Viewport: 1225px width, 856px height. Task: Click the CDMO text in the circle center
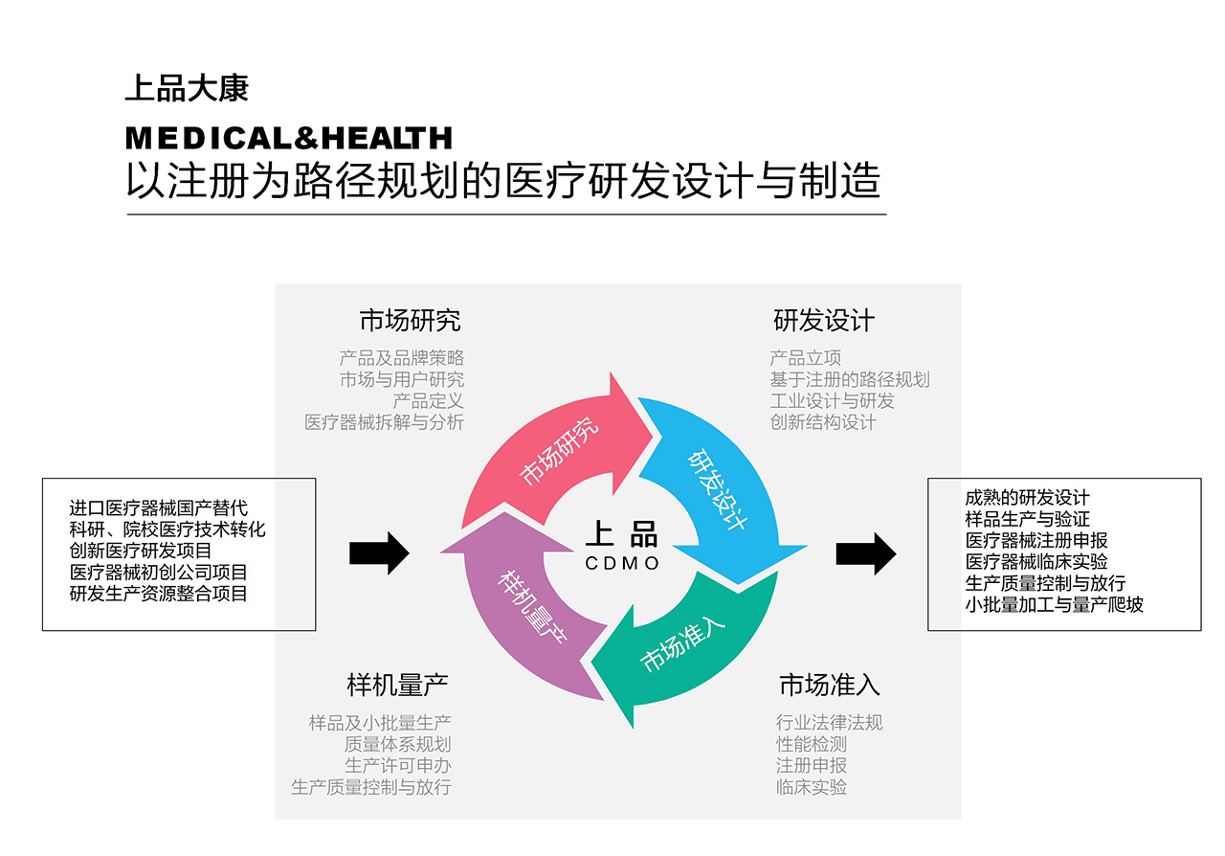coord(622,564)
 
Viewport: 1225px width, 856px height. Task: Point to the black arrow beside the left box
coord(379,553)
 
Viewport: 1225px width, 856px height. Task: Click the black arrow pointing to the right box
coord(865,553)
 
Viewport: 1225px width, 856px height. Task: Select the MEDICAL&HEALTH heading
coord(288,139)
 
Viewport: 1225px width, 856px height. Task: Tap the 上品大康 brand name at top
coord(187,89)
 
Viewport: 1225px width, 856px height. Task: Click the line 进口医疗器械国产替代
coord(158,508)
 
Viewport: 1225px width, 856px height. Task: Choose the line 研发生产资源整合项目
coord(158,594)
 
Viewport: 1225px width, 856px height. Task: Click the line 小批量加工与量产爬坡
coord(1054,604)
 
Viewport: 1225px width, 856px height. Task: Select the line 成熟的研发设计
coord(1027,498)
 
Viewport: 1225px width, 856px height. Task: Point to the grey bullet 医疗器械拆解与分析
coord(384,422)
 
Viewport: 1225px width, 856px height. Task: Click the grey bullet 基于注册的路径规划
coord(849,380)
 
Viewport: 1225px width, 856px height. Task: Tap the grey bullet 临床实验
coord(812,788)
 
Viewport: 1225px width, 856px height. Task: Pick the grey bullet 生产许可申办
coord(397,766)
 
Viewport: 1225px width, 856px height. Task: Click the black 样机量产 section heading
coord(397,685)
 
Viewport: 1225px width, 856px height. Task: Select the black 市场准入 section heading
coord(829,685)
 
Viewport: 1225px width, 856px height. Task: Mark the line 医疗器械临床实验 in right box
coord(1036,562)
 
